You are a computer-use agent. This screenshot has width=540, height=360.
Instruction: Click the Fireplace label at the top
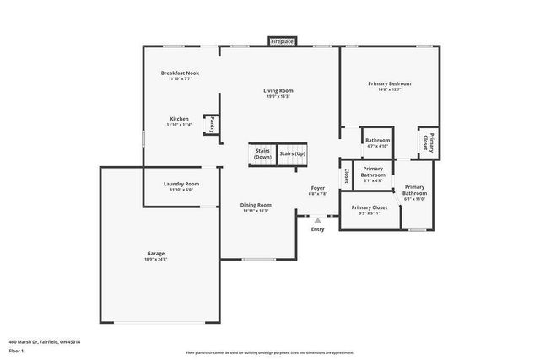[x=281, y=40]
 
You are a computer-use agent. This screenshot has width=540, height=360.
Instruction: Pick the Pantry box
[x=212, y=125]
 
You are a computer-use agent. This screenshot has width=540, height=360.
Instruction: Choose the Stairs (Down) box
[x=263, y=154]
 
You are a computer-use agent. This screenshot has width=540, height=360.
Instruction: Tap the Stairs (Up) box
[x=292, y=153]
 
